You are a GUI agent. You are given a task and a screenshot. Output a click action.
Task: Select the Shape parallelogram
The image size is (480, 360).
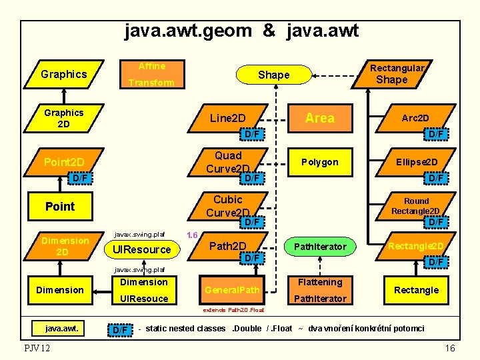pyautogui.click(x=273, y=75)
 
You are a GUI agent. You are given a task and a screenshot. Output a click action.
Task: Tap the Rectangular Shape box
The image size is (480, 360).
pyautogui.click(x=393, y=73)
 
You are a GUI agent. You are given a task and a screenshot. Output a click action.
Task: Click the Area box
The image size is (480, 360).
pyautogui.click(x=319, y=118)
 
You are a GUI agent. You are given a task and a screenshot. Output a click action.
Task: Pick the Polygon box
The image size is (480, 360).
pyautogui.click(x=319, y=162)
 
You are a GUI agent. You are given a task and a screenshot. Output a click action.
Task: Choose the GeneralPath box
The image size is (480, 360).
pyautogui.click(x=232, y=290)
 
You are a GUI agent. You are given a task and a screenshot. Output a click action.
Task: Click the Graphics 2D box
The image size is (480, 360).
pyautogui.click(x=63, y=118)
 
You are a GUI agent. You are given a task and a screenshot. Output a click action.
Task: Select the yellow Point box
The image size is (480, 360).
pyautogui.click(x=60, y=207)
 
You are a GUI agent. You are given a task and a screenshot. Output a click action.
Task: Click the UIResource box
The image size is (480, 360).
pyautogui.click(x=142, y=249)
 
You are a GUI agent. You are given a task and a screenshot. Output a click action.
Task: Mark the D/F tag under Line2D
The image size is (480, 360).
pyautogui.click(x=252, y=135)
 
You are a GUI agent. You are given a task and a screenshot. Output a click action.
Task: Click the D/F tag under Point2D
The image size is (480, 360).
pyautogui.click(x=79, y=179)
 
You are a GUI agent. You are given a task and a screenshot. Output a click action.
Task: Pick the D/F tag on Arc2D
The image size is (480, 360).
pyautogui.click(x=436, y=135)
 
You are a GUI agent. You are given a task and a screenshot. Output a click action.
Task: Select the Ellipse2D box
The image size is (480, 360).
pyautogui.click(x=417, y=162)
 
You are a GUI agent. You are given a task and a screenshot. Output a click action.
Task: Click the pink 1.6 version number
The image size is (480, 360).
pyautogui.click(x=193, y=235)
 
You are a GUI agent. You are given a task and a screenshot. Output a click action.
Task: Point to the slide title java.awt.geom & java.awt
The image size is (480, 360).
pyautogui.click(x=241, y=31)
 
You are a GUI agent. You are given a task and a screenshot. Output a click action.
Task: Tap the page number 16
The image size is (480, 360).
pyautogui.click(x=450, y=348)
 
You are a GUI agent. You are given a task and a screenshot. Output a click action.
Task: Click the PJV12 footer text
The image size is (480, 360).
pyautogui.click(x=36, y=348)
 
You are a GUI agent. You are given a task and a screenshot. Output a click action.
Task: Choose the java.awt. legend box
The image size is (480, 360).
pyautogui.click(x=61, y=327)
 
